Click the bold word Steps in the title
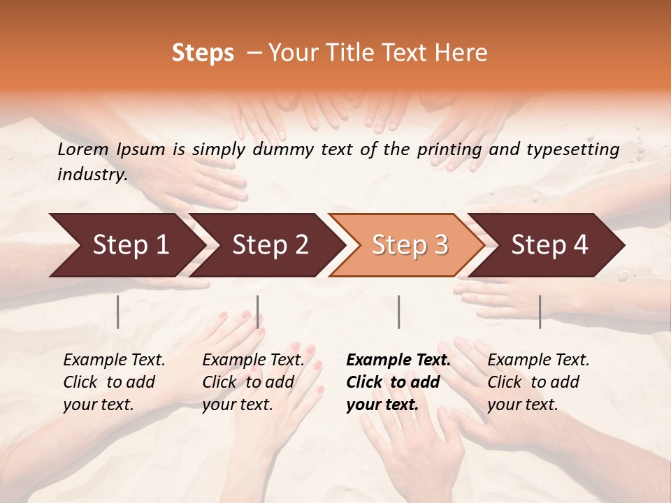(x=203, y=53)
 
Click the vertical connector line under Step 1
(x=118, y=312)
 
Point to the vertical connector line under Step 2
(x=258, y=312)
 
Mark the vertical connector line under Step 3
(x=398, y=312)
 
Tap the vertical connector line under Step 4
(x=540, y=312)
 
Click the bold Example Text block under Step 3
(x=398, y=382)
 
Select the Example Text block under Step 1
(x=114, y=382)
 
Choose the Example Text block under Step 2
(x=253, y=382)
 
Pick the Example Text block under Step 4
(x=538, y=382)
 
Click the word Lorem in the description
(x=83, y=149)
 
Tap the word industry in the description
(x=92, y=175)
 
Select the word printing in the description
(x=449, y=149)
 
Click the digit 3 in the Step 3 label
(x=440, y=245)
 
